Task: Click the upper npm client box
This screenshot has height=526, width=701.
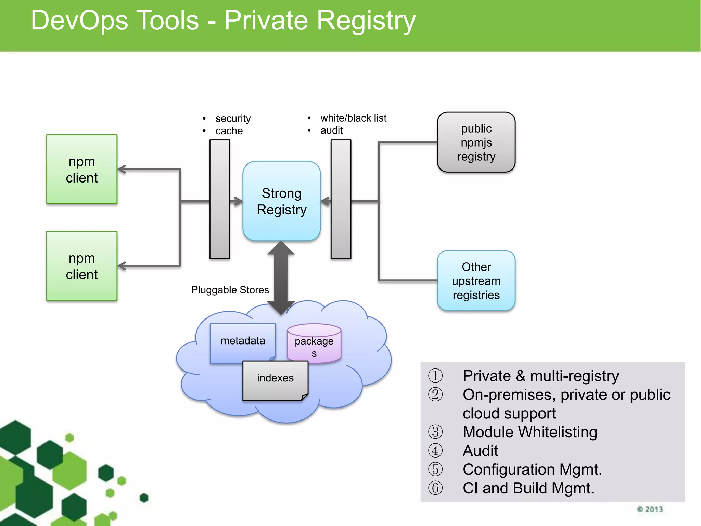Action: coord(82,169)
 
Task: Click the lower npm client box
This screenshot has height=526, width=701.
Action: coord(82,266)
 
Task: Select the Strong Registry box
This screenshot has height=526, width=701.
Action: coord(281,201)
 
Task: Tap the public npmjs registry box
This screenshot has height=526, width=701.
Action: coord(476,142)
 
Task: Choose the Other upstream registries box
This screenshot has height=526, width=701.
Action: coord(476,280)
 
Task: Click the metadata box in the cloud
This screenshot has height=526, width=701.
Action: coord(242,341)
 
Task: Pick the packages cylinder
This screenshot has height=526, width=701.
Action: coord(314,344)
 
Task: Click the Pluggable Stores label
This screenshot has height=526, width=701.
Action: coord(230,290)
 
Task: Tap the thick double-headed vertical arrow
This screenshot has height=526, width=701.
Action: coord(281,277)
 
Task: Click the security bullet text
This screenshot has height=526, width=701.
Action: coord(233,118)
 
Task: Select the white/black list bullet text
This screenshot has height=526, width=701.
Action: coord(353,118)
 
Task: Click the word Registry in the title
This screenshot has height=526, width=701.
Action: coord(366,21)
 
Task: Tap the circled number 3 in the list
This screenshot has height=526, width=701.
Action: coord(435,432)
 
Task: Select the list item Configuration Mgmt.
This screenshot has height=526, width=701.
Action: coord(532,469)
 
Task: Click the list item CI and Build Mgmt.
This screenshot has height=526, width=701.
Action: coord(528,488)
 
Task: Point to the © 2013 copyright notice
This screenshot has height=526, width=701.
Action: coord(650,509)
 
